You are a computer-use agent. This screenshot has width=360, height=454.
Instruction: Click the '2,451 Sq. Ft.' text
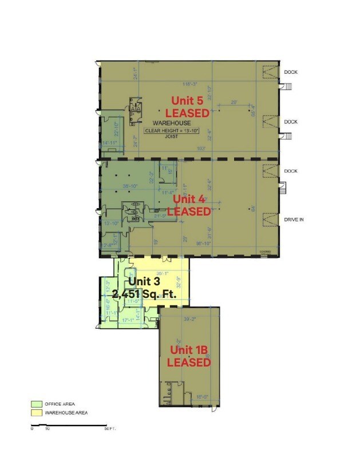pos(151,294)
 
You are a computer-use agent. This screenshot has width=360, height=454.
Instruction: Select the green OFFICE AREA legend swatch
pos(36,404)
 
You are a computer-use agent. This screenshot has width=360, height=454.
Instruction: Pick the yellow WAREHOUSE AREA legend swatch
pos(36,412)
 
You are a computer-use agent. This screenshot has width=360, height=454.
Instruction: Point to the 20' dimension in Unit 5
pos(234,103)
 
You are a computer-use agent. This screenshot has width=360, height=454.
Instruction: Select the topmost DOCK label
pos(291,72)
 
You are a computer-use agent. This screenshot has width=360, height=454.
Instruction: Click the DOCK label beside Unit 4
pos(291,171)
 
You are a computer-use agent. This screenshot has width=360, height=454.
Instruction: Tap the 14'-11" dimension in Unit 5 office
pos(110,143)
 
